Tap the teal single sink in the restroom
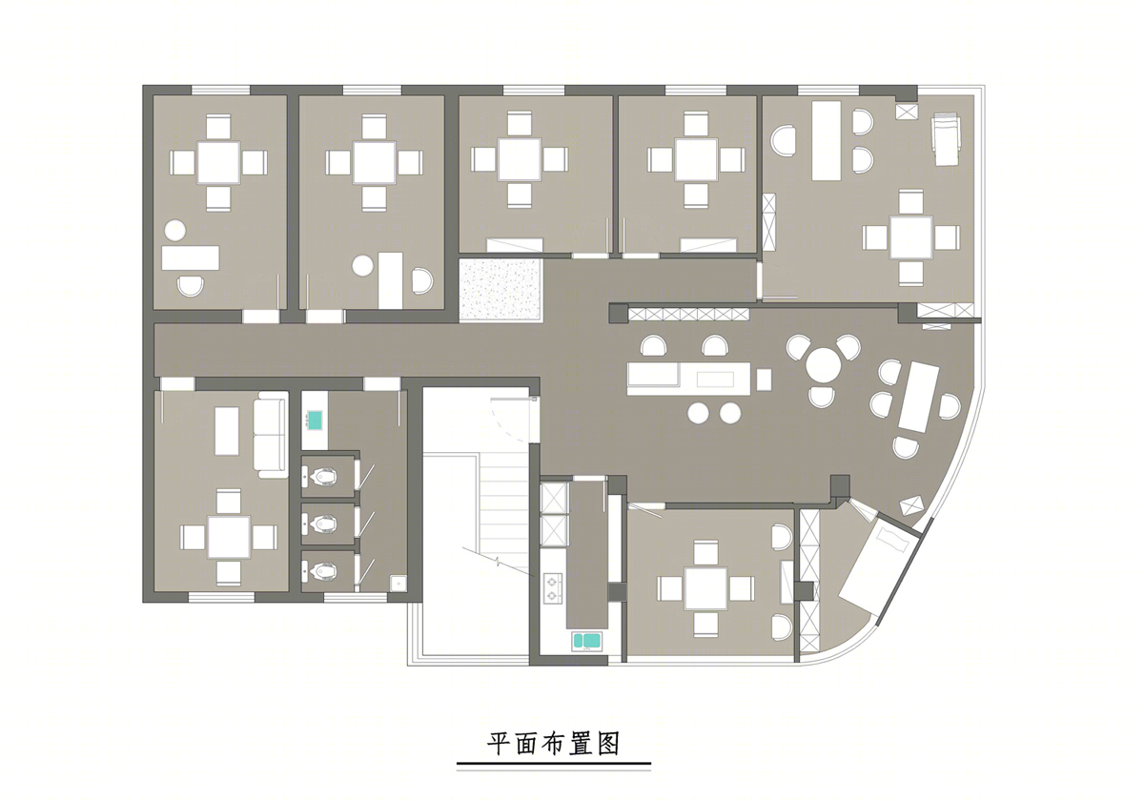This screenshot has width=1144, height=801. [x=315, y=421]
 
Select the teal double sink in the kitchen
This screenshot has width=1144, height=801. [x=585, y=641]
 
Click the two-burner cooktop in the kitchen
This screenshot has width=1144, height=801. [x=553, y=588]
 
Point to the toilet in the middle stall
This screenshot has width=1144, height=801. [x=322, y=524]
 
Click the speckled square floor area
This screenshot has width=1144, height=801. [x=500, y=290]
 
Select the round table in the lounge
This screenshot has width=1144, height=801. [x=824, y=364]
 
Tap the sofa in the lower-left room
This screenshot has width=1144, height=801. [x=271, y=435]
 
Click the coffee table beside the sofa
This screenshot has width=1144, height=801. [x=227, y=431]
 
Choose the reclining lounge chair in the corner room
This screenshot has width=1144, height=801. [x=947, y=140]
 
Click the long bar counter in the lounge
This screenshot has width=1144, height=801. [x=689, y=379]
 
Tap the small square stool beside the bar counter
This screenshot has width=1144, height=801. [x=764, y=380]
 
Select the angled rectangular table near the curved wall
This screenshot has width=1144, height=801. [x=919, y=397]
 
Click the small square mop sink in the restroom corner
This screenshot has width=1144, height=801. [x=398, y=583]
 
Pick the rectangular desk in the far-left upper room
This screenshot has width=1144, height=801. [x=191, y=258]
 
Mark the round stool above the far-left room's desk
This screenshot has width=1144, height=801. [x=175, y=230]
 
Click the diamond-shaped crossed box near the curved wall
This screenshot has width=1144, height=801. [x=911, y=505]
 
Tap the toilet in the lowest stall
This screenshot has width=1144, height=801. [x=322, y=570]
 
